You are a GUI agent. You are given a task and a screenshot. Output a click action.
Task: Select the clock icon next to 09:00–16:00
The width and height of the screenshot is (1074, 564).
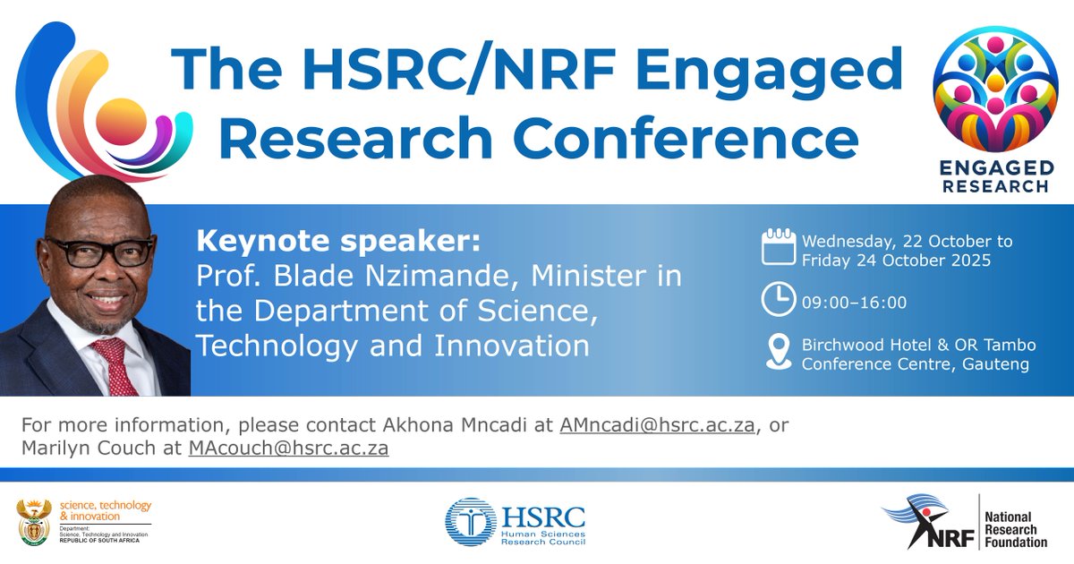(x=778, y=300)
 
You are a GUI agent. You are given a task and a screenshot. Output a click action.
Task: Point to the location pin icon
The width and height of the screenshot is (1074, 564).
(x=778, y=352)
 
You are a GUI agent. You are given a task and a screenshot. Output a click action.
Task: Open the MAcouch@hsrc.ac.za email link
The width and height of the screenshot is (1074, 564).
(x=288, y=448)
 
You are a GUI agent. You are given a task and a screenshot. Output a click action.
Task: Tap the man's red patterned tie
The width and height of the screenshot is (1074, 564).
(x=117, y=363)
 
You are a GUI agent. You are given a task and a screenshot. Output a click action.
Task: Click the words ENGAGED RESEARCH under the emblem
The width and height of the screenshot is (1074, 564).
(x=995, y=177)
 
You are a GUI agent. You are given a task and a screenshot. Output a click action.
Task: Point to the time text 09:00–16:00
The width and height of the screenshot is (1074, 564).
(x=854, y=303)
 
